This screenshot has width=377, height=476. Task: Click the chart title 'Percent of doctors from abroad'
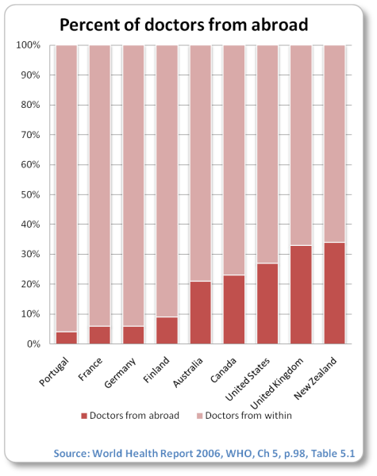pos(184,25)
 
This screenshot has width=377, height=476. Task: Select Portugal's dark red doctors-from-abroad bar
pos(67,338)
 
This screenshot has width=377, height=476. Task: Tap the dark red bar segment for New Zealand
pos(334,293)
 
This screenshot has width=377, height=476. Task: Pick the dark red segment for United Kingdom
pos(301,294)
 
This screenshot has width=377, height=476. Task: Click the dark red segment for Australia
pos(201,313)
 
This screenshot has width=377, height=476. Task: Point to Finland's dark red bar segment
pos(167,330)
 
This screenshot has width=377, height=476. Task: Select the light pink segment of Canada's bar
pos(234,160)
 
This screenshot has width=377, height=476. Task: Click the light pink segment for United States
pos(267,154)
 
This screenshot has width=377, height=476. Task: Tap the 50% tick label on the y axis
pos(30,194)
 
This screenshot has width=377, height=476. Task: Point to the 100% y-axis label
pos(28,45)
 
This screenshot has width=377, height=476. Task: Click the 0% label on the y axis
pos(33,344)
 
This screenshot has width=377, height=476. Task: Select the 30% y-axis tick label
pos(30,254)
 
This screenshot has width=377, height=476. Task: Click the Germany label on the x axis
pos(120,373)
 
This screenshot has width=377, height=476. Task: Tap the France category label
pos(90,369)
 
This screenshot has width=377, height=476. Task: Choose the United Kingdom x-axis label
pos(277,383)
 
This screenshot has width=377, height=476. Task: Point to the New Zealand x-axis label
pos(315,378)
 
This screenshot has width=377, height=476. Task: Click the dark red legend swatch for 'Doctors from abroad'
pos(84,416)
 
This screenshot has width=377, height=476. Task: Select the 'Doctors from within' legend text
pos(248,415)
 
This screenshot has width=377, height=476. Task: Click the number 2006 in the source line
pos(208,453)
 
